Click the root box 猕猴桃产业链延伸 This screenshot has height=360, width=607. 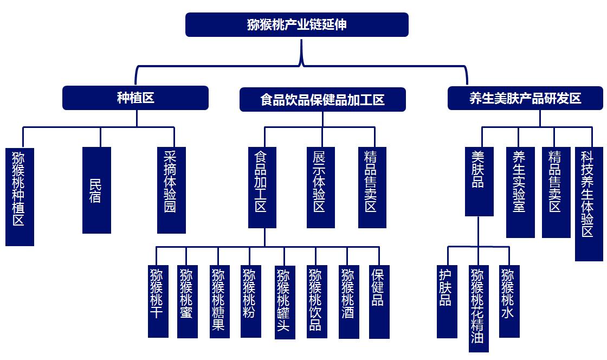(296, 25)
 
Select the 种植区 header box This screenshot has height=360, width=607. (135, 98)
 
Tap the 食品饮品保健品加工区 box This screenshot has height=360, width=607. (322, 100)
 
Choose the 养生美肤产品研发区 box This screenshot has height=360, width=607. (525, 98)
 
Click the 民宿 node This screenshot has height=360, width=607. (96, 190)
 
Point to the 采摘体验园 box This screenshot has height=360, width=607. (171, 190)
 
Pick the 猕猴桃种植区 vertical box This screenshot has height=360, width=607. (20, 196)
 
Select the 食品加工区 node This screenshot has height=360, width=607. (262, 187)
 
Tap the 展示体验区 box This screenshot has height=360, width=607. (320, 187)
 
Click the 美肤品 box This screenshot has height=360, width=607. (479, 181)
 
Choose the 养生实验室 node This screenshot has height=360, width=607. (520, 192)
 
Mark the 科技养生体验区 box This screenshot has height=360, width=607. (588, 203)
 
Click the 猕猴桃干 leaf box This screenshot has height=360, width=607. (158, 301)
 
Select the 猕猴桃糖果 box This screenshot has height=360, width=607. (219, 301)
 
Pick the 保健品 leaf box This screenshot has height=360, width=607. (379, 301)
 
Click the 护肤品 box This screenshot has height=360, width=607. (447, 301)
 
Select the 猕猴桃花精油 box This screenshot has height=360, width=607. (479, 308)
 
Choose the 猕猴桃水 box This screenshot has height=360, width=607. (509, 301)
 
